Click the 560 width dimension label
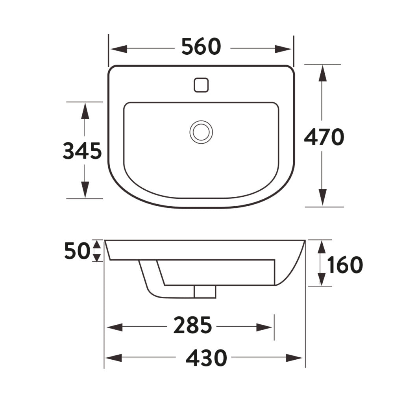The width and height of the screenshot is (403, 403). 201,48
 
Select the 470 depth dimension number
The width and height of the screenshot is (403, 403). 324,137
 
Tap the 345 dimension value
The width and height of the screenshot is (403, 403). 83,151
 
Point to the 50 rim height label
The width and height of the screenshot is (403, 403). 77,251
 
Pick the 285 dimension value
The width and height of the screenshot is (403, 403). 193,326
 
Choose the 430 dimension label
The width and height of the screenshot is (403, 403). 206,358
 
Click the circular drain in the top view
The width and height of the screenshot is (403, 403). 201,131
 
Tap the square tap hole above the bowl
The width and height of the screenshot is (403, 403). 201,85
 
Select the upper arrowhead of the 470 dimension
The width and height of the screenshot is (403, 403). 322,74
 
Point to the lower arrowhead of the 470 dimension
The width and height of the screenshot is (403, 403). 322,197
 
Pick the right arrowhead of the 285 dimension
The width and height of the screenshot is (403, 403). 265,327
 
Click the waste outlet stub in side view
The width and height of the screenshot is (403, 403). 205,292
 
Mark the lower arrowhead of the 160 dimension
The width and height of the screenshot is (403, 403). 322,278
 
